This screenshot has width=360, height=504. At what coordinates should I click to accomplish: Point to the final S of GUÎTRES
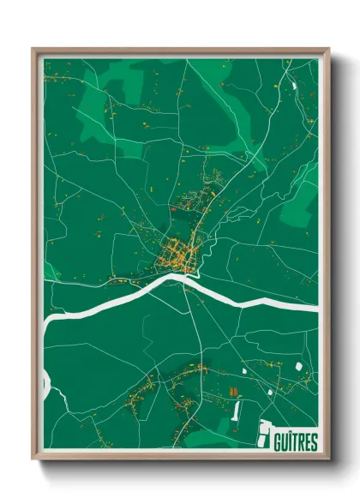coord(314,442)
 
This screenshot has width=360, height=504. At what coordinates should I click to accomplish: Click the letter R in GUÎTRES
coord(302,442)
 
